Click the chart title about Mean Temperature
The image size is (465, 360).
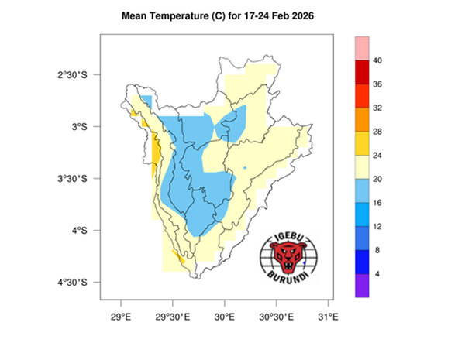(x=232, y=15)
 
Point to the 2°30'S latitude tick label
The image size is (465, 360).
(x=78, y=74)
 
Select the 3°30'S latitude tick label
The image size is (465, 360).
(x=78, y=179)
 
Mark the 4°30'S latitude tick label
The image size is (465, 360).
(x=78, y=283)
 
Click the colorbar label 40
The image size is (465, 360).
(x=377, y=60)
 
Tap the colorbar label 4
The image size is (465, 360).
(x=375, y=274)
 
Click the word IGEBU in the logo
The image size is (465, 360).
(x=288, y=235)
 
